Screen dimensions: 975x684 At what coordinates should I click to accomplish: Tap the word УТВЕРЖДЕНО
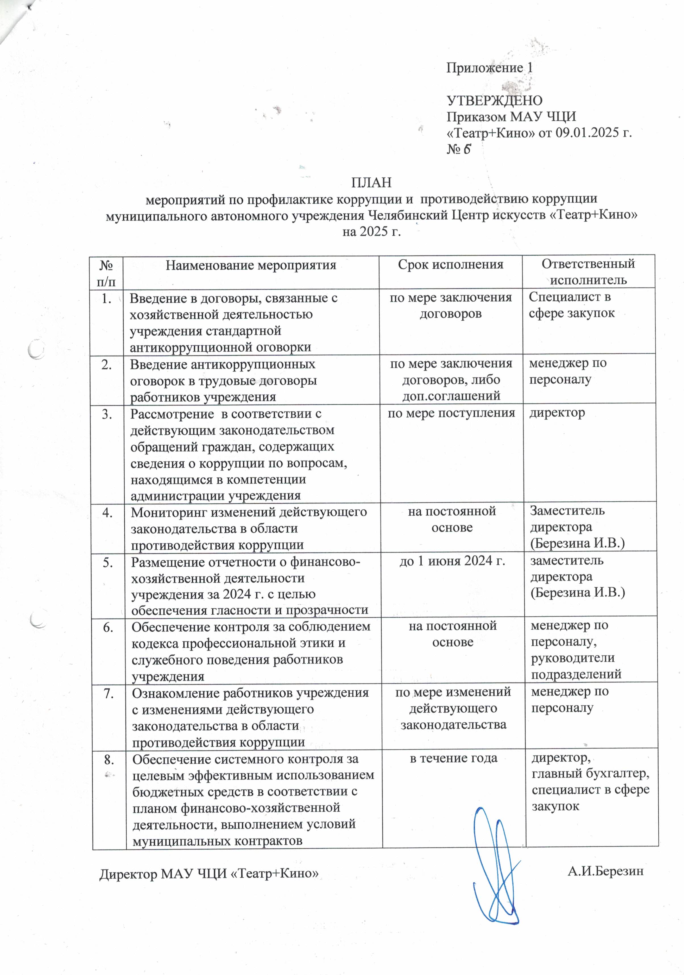tap(494, 101)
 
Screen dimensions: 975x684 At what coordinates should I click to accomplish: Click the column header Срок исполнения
tap(450, 264)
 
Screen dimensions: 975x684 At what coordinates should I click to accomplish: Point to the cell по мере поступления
tap(451, 413)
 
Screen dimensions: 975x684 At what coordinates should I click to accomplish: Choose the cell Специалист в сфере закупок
tap(571, 305)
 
